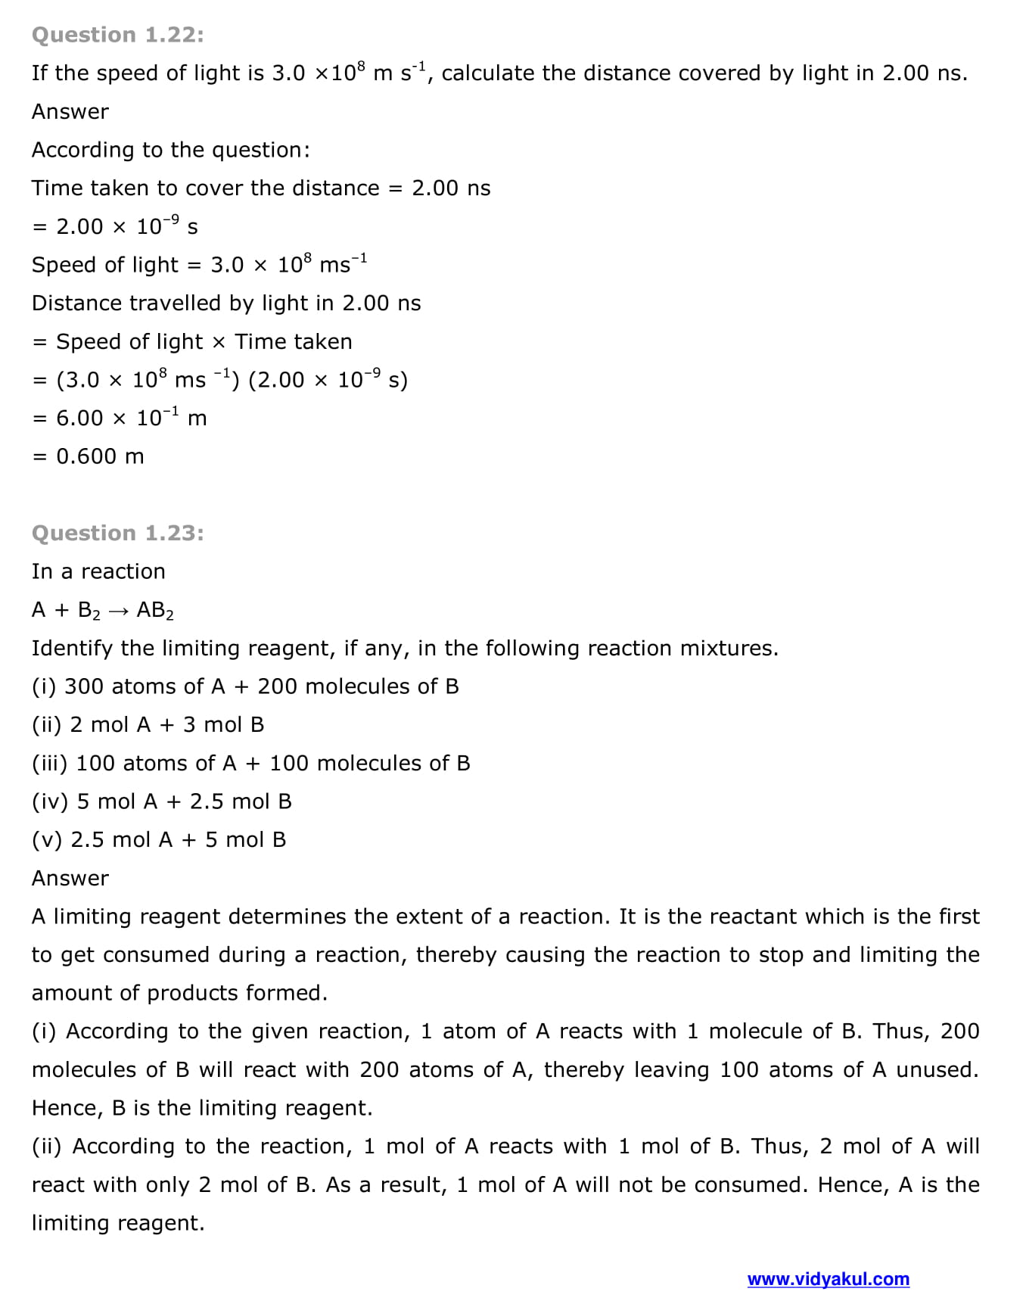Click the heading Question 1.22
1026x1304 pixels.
point(117,35)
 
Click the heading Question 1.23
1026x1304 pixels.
point(117,533)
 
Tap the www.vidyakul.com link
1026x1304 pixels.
point(828,1279)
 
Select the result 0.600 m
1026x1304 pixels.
point(100,456)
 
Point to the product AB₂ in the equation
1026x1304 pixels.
point(155,611)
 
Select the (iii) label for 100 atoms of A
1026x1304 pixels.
point(50,763)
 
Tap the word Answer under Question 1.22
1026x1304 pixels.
point(70,111)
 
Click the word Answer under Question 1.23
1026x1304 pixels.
point(70,878)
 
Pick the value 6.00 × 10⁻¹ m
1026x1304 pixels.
point(131,417)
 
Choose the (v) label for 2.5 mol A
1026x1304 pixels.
point(48,840)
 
